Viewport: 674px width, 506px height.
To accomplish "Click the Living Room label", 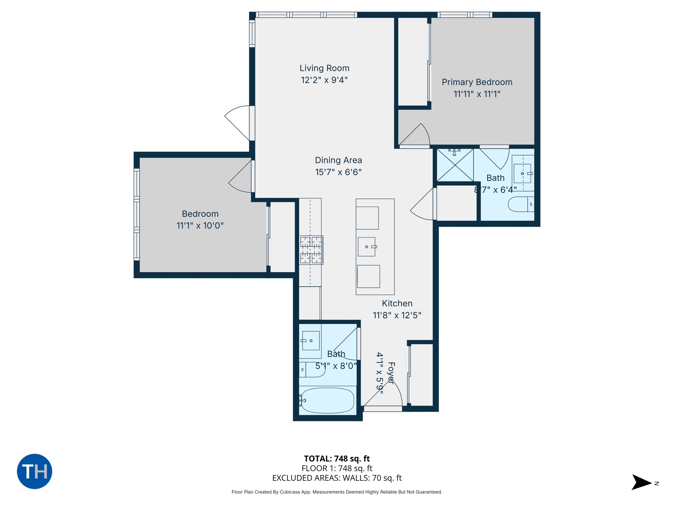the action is [x=324, y=68].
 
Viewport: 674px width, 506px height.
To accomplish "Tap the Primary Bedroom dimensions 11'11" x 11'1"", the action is [x=477, y=94].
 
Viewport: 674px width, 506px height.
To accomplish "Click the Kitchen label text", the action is [x=397, y=303].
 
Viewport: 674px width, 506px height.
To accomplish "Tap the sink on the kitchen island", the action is [x=367, y=247].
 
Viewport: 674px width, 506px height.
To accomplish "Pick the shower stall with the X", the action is [x=455, y=165].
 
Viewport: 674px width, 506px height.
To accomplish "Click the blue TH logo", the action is [x=34, y=471].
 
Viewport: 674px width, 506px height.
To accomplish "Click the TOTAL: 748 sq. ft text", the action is [x=337, y=458].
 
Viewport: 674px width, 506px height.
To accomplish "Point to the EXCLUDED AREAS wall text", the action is [x=337, y=478].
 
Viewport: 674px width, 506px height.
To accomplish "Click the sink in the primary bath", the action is [x=522, y=173].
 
